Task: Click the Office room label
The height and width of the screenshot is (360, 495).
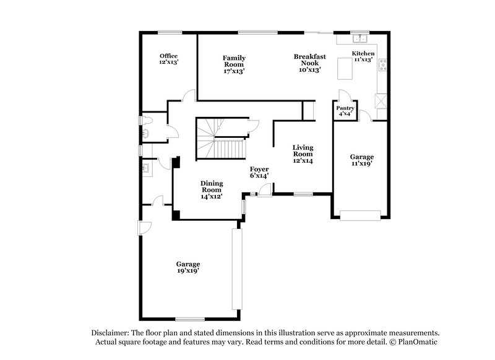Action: coord(168,59)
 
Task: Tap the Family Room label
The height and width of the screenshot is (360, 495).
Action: coord(234,64)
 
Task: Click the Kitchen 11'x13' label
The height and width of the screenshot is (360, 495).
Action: coord(363,57)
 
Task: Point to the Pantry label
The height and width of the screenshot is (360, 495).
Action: coord(345,111)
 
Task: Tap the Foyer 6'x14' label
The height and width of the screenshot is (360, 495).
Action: coord(259,173)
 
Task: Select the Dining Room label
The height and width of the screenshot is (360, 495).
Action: coord(212,189)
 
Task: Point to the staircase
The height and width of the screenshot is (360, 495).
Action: coord(222,139)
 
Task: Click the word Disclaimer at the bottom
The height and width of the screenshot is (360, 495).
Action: coord(111,332)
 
